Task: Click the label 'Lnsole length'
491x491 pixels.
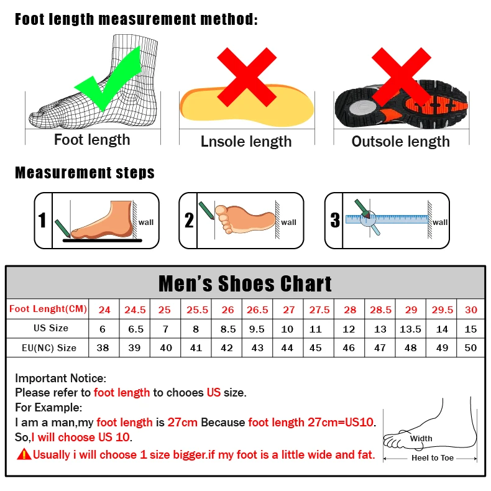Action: [x=246, y=142]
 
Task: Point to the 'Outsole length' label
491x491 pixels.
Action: [x=400, y=142]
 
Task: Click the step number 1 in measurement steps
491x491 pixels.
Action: [x=42, y=221]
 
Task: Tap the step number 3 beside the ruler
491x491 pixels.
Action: [x=335, y=220]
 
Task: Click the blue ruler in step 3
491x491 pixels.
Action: [x=388, y=219]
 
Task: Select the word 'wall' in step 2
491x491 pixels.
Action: [x=288, y=222]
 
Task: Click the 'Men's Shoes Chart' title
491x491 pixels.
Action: [x=245, y=283]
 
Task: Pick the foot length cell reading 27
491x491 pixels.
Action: [x=289, y=310]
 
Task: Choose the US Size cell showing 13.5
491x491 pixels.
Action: [x=410, y=329]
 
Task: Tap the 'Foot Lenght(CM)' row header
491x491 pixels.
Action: [x=48, y=309]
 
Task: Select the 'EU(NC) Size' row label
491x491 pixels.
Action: [x=48, y=348]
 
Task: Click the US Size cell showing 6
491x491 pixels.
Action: [x=103, y=329]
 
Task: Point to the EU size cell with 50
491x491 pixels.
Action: [x=471, y=348]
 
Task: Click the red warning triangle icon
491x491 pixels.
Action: [x=24, y=454]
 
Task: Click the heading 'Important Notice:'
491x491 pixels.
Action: [x=61, y=378]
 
